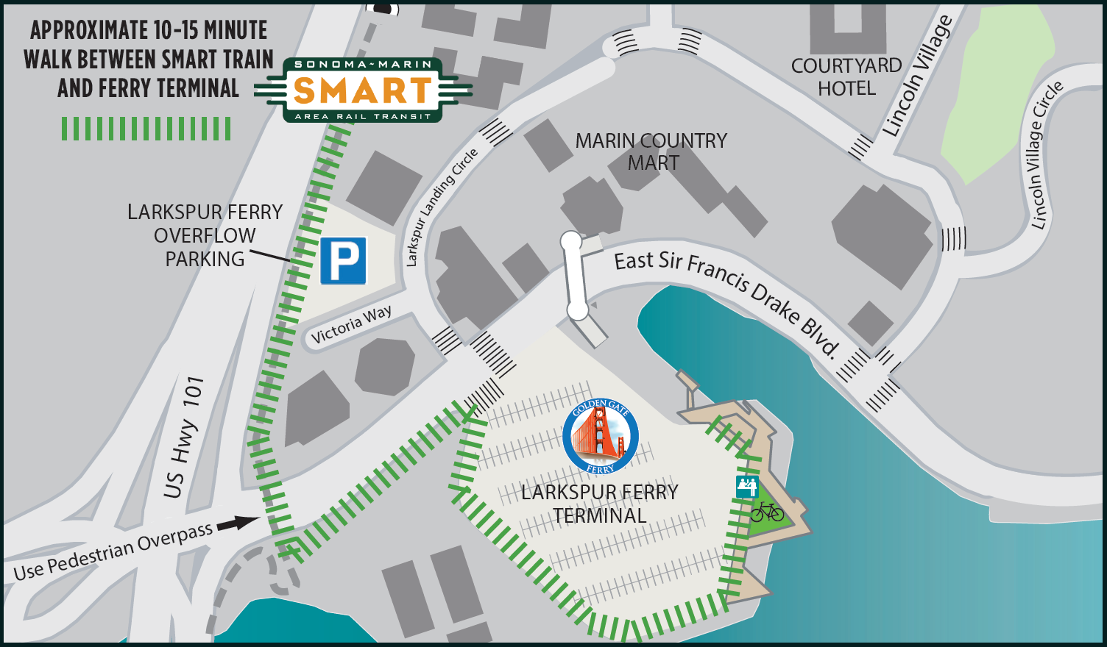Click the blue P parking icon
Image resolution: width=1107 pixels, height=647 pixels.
(x=343, y=260)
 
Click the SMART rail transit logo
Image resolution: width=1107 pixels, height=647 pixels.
(x=362, y=90)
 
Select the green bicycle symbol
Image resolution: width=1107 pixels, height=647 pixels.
(x=767, y=511)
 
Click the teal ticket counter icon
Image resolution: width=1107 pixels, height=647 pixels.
(x=747, y=486)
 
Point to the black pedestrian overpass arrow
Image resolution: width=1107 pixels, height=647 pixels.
(x=238, y=523)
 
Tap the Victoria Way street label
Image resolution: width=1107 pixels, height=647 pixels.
(x=351, y=324)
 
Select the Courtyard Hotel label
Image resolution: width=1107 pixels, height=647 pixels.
(x=846, y=77)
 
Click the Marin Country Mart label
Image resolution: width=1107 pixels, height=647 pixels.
(x=651, y=151)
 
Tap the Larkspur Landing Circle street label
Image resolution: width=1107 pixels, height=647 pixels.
(x=442, y=207)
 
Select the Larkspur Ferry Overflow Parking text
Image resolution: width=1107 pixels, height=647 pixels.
(x=205, y=235)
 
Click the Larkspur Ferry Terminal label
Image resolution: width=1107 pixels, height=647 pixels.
(x=600, y=504)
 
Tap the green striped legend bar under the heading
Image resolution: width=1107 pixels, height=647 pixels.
(x=146, y=129)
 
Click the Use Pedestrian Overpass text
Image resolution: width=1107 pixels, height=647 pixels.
(x=113, y=551)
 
